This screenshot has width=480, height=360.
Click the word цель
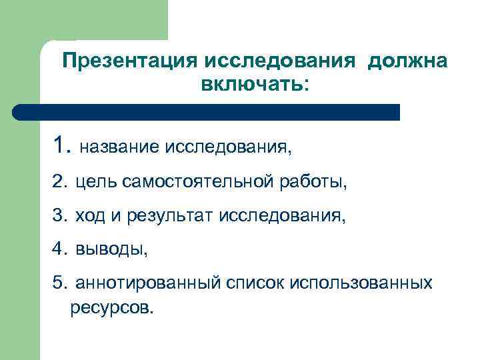94,181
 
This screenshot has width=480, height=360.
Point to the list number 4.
59,249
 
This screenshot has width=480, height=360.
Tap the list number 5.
59,283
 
